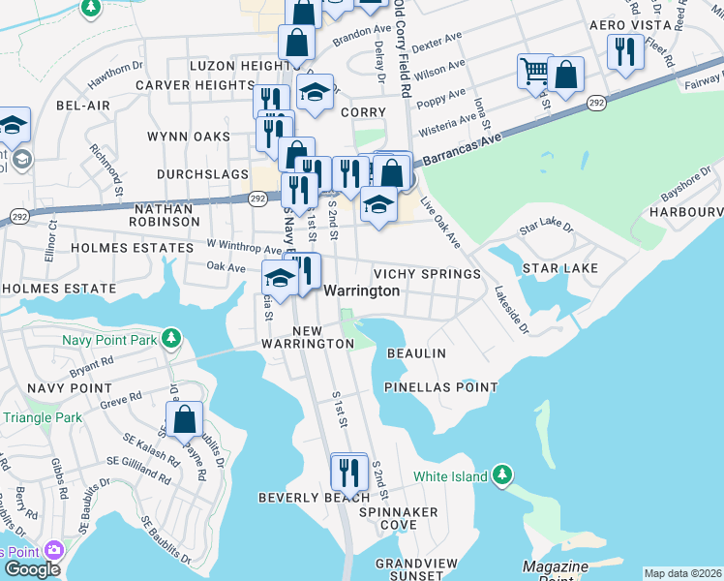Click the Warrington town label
[x=361, y=290]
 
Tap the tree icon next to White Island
[x=501, y=475]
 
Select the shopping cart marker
[x=534, y=71]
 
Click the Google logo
[x=32, y=569]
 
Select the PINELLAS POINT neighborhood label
[x=440, y=387]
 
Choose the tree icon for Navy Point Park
[x=171, y=338]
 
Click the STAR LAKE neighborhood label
[x=560, y=267]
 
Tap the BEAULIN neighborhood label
[x=416, y=353]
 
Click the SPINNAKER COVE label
[x=398, y=518]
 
